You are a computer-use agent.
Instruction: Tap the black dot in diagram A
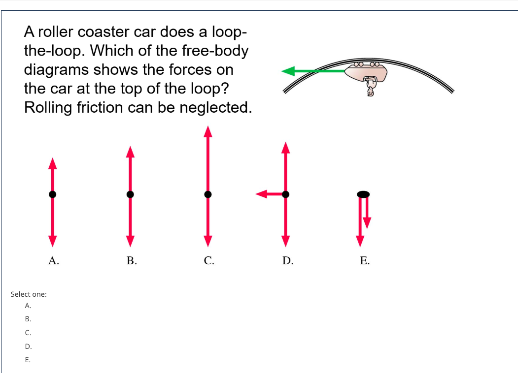[x=52, y=194]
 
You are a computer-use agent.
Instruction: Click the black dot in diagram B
[x=130, y=194]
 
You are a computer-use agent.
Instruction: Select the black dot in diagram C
[x=208, y=194]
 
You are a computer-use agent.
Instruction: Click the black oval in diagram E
[x=363, y=194]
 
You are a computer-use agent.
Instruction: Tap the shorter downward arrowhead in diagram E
[x=366, y=224]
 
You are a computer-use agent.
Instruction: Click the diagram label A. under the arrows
[x=54, y=261]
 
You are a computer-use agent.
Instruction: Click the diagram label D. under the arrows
[x=288, y=261]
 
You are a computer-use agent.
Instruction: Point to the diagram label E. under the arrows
[x=365, y=261]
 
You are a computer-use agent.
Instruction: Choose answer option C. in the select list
[x=28, y=333]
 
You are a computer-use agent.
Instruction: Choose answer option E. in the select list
[x=28, y=360]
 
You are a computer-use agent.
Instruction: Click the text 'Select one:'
[x=29, y=294]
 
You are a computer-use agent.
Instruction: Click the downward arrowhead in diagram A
[x=52, y=241]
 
